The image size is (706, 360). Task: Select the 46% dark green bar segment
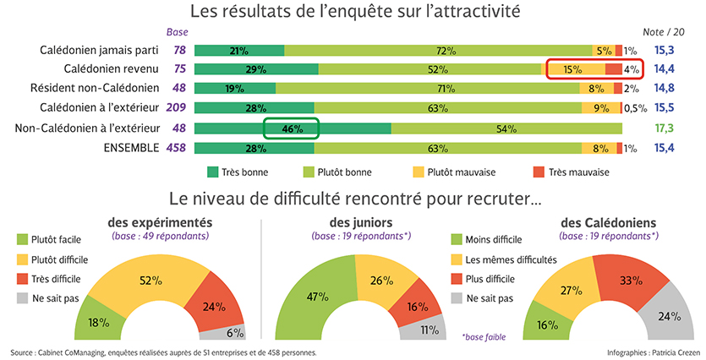click(x=293, y=128)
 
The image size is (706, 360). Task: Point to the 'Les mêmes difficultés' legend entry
click(x=503, y=259)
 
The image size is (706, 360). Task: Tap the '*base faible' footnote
click(x=484, y=336)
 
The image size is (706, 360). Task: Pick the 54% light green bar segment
click(x=506, y=128)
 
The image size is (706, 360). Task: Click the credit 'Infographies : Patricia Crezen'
click(x=649, y=352)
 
